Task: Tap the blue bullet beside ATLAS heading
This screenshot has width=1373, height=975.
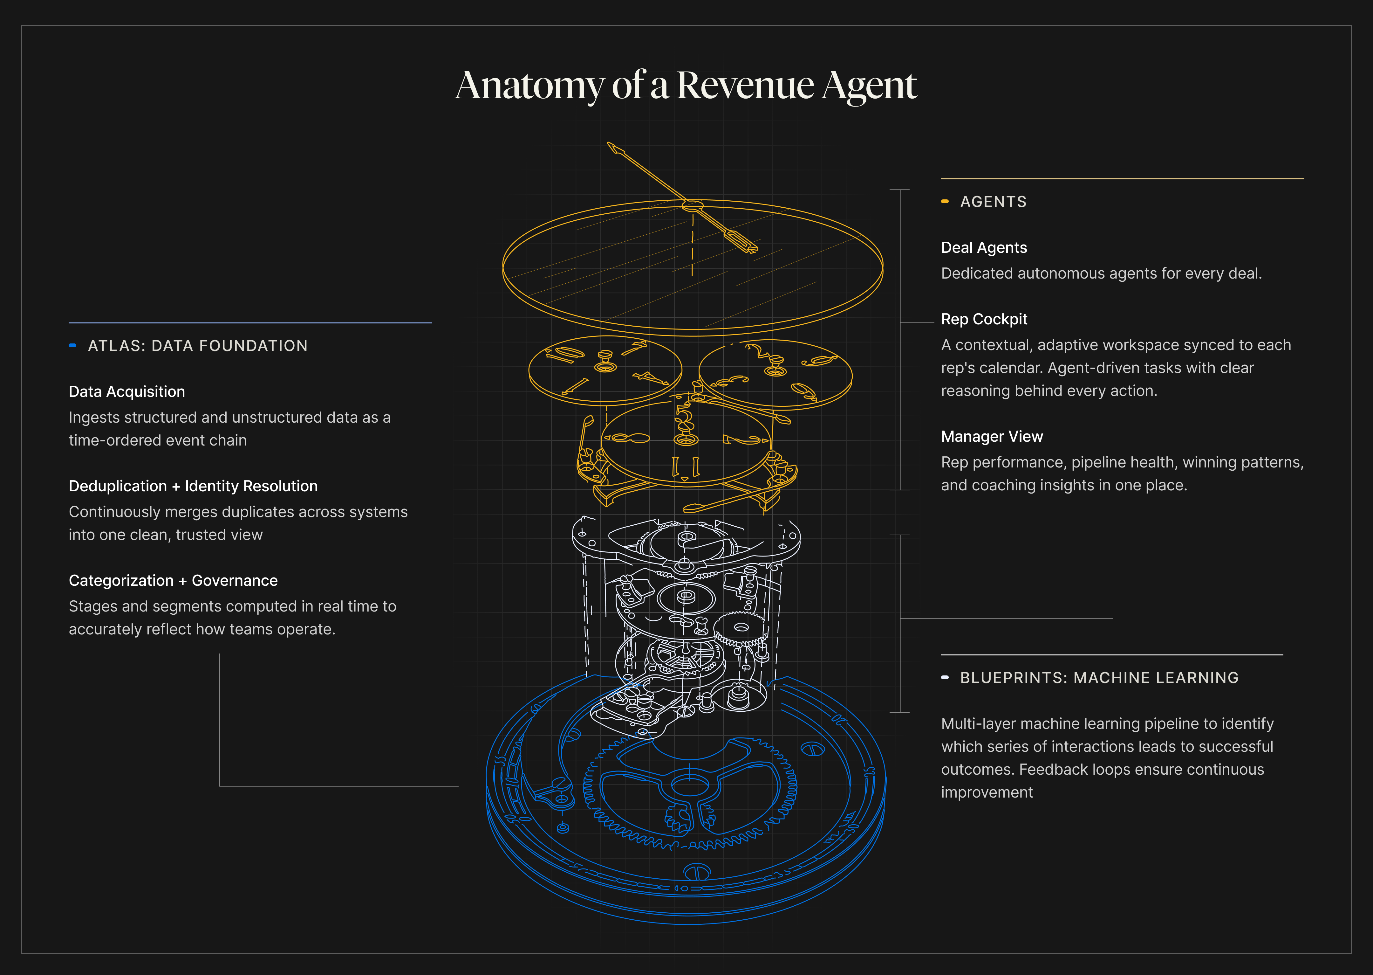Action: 72,345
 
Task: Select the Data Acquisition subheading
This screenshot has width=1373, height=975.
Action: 126,391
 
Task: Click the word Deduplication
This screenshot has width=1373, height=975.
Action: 118,486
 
